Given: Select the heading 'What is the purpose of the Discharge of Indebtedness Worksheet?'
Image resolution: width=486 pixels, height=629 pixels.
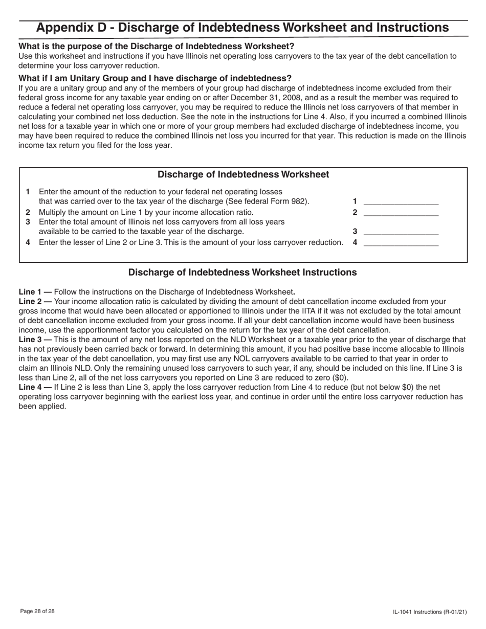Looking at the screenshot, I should click(x=157, y=46).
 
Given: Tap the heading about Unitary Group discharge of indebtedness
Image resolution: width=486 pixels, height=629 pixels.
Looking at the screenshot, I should click(x=155, y=78).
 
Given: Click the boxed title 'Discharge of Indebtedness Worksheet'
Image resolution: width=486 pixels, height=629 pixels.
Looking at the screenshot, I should click(x=243, y=174).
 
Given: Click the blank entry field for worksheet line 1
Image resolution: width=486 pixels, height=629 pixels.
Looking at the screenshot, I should click(x=401, y=201).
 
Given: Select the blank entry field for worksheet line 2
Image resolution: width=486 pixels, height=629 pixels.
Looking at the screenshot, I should click(x=401, y=212).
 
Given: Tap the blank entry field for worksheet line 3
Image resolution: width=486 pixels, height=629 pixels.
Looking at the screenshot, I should click(x=401, y=231).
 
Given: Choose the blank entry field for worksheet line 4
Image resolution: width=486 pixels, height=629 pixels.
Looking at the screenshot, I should click(x=401, y=242).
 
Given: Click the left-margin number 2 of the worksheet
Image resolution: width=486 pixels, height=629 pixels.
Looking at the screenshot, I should click(x=28, y=212).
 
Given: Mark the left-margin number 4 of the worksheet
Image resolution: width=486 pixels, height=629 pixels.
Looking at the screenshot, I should click(x=28, y=242).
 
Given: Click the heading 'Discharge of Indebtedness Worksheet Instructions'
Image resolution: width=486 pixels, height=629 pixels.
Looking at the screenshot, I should click(x=242, y=272).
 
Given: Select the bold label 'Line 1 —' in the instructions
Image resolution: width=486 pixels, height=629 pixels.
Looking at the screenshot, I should click(x=35, y=292).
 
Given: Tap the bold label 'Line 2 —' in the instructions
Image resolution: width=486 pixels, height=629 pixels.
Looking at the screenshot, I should click(x=35, y=302).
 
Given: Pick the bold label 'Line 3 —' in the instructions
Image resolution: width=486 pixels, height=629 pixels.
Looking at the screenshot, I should click(x=35, y=340).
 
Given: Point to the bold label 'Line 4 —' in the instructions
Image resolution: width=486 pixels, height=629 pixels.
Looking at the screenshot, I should click(x=35, y=387).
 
